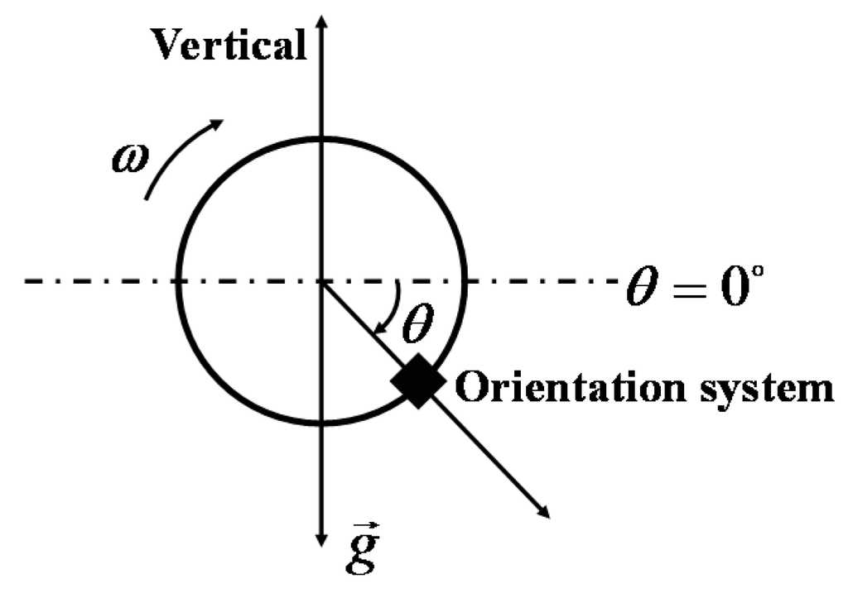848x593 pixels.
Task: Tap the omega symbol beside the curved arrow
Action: point(131,155)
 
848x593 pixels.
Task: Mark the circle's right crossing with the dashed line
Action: point(465,281)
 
